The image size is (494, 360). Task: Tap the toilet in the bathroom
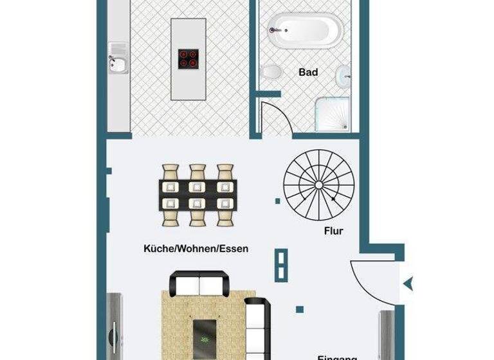pyautogui.click(x=273, y=71)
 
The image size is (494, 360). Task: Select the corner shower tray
pyautogui.click(x=333, y=114)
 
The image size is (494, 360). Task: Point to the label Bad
pyautogui.click(x=308, y=73)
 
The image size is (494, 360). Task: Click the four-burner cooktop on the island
pyautogui.click(x=188, y=59)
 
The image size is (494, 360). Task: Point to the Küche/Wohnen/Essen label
pyautogui.click(x=196, y=248)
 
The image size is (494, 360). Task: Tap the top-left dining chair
pyautogui.click(x=170, y=174)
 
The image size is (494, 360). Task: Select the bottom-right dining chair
pyautogui.click(x=224, y=213)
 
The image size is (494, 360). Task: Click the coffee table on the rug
pyautogui.click(x=205, y=334)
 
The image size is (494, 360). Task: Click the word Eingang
pyautogui.click(x=337, y=356)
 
